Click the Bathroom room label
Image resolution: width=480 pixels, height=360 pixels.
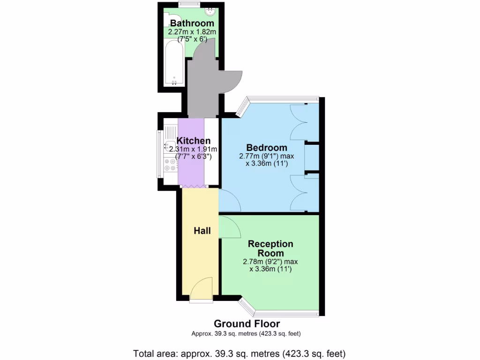click(x=192, y=23)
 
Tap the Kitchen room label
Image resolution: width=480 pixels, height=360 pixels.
click(x=193, y=141)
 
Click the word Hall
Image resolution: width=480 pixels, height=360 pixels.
click(x=202, y=231)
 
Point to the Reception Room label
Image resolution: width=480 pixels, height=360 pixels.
click(x=270, y=248)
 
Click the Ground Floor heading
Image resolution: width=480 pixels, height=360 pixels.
click(x=247, y=323)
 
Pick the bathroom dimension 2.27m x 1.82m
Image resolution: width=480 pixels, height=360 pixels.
click(x=192, y=32)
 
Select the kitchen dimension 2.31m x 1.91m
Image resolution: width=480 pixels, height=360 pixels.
click(x=193, y=149)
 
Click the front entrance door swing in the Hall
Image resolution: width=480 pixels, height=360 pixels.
click(x=202, y=288)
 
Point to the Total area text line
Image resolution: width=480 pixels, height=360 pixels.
click(x=240, y=353)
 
